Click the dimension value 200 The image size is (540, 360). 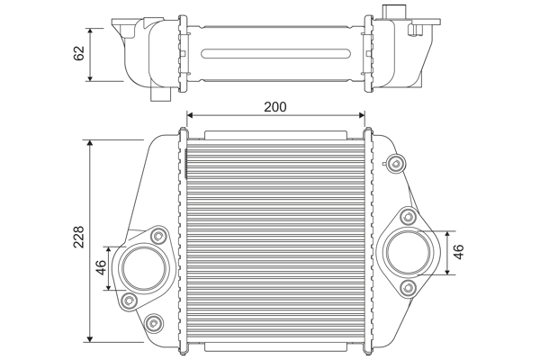pos(275,106)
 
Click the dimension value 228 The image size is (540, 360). pos(79,237)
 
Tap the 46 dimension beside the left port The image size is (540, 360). pos(102,267)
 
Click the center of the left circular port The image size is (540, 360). pos(143,267)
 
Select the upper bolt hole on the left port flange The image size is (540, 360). pos(159,236)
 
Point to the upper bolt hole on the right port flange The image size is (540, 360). pos(407,216)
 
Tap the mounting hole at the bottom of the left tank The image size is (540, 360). pos(154,321)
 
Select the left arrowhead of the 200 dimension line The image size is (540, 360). pos(189,115)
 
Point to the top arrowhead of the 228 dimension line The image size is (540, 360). pos(90,143)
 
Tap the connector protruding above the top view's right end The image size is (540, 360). pos(394,12)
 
